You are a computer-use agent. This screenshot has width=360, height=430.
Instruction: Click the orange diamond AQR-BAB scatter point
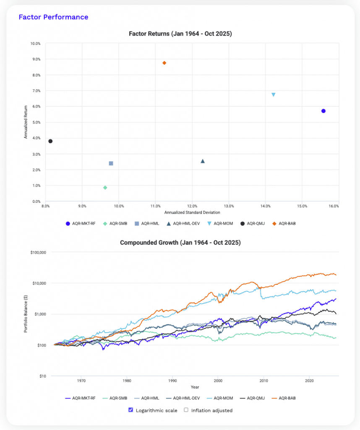(x=164, y=63)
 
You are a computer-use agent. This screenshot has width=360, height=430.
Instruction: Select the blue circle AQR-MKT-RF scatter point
(x=323, y=111)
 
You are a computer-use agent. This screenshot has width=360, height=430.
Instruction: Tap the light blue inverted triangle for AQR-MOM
(x=274, y=95)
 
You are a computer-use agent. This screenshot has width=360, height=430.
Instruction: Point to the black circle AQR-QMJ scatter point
(x=50, y=141)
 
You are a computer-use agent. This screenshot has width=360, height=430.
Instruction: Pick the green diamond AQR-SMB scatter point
(x=105, y=188)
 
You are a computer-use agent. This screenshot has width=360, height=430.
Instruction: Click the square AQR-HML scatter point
(x=111, y=163)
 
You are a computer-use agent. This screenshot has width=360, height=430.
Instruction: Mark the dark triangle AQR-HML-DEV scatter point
(x=203, y=161)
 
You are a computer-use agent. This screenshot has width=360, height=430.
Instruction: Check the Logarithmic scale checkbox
(x=130, y=410)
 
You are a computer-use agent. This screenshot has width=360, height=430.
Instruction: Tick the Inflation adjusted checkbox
(x=187, y=410)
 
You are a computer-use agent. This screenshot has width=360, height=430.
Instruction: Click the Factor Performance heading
(x=53, y=17)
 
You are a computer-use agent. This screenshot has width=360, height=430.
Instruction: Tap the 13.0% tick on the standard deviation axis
(x=229, y=206)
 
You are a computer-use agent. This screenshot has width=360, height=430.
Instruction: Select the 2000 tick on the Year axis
(x=218, y=381)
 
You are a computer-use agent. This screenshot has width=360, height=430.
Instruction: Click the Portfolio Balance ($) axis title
(x=26, y=314)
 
